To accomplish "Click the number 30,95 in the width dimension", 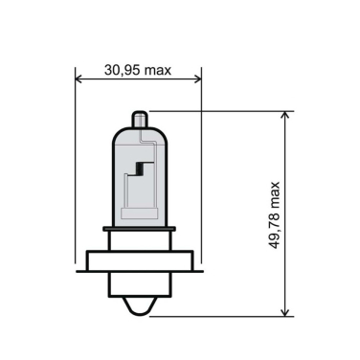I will [x=123, y=70].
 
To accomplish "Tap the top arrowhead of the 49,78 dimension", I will [x=284, y=116].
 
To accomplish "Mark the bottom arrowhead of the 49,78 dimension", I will [x=284, y=310].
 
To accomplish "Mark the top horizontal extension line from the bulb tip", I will [x=220, y=111].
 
